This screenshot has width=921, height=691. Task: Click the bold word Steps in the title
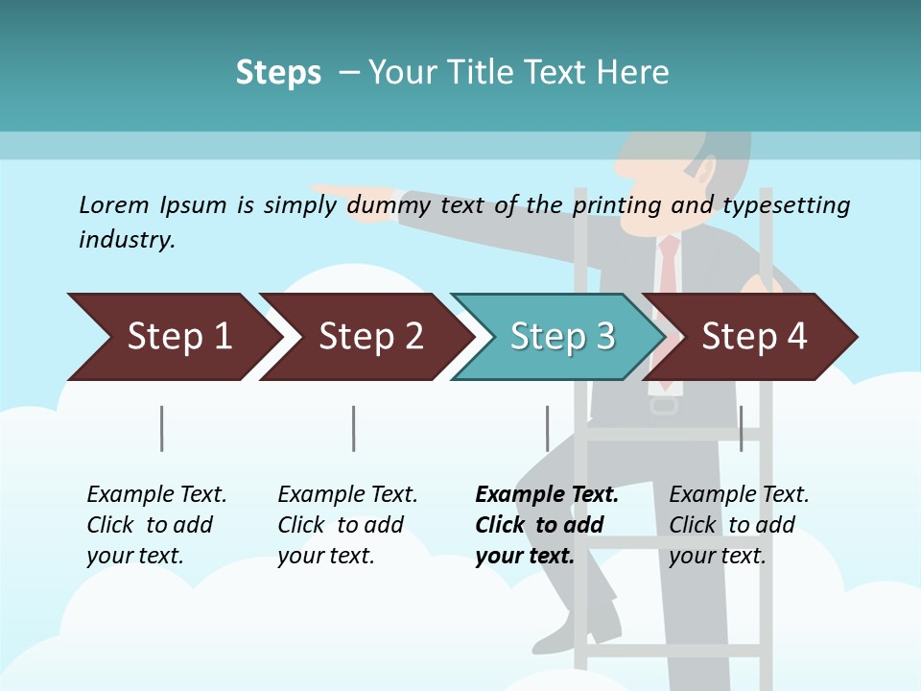(x=278, y=73)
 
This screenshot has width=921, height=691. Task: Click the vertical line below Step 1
(x=162, y=428)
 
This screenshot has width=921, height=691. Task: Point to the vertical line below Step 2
(x=354, y=428)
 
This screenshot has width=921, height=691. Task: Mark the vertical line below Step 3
(x=547, y=428)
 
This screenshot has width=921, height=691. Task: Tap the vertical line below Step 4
(x=741, y=428)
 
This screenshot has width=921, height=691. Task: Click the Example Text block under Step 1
(x=156, y=525)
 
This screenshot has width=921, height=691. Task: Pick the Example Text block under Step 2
(x=347, y=525)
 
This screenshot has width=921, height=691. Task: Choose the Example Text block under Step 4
(x=739, y=525)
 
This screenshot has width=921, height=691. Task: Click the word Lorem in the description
(x=114, y=204)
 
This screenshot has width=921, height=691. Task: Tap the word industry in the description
(x=126, y=240)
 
